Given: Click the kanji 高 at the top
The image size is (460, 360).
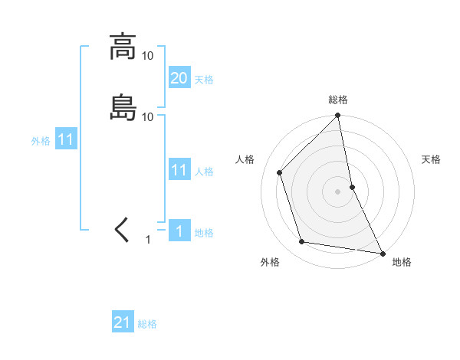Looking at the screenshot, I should pos(122,47).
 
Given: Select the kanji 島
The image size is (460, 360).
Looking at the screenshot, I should pos(122,107).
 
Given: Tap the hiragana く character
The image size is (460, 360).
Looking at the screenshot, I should pos(122,230).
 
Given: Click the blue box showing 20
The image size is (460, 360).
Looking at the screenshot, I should pos(179,77).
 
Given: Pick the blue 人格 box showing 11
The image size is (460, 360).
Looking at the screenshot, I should pos(179,170).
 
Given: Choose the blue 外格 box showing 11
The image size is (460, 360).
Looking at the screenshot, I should pos(66,140).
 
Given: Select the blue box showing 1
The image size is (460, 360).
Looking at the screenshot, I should pos(179,231).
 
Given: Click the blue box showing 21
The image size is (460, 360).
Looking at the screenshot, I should pos(123,322).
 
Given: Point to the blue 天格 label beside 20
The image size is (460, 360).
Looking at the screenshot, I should pos(204,79).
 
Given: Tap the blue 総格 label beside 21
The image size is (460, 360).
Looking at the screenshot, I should pos(147,324).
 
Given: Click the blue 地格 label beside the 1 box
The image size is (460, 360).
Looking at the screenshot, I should pos(204,233).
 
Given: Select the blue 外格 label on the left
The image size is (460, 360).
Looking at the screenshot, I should pos(41,141).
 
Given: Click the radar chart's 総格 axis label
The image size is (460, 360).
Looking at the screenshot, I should pos(338,100).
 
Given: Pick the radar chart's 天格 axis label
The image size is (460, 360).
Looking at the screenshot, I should pos(431,159).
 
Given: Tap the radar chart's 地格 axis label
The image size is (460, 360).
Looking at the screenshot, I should pos(402,262).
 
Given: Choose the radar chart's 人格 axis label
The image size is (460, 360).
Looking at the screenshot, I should pos(245,159).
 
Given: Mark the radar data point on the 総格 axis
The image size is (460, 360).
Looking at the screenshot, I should pos(338,116).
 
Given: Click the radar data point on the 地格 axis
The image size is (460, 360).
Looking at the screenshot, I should pos(382,252).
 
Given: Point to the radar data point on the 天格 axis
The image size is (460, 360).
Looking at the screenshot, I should pos(352,186).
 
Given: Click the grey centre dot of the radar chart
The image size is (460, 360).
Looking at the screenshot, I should pos(338,191).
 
